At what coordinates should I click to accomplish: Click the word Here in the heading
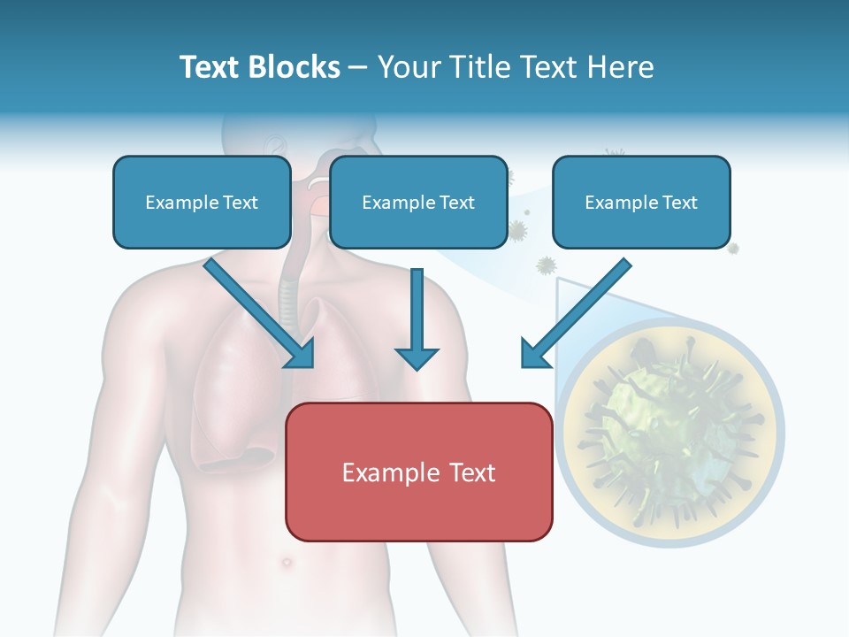click(621, 67)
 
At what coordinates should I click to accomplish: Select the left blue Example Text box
click(202, 203)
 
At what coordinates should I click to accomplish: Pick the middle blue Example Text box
click(418, 203)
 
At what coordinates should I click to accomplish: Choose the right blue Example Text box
click(642, 203)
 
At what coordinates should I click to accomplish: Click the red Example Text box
click(419, 472)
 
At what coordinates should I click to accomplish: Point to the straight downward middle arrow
click(417, 319)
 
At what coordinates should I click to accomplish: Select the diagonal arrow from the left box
click(259, 313)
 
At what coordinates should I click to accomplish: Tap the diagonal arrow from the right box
click(577, 313)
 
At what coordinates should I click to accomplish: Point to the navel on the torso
click(287, 563)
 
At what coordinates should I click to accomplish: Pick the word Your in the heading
click(409, 67)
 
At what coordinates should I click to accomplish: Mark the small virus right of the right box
click(732, 248)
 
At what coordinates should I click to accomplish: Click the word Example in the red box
click(386, 472)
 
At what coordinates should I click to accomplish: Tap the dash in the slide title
click(357, 68)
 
